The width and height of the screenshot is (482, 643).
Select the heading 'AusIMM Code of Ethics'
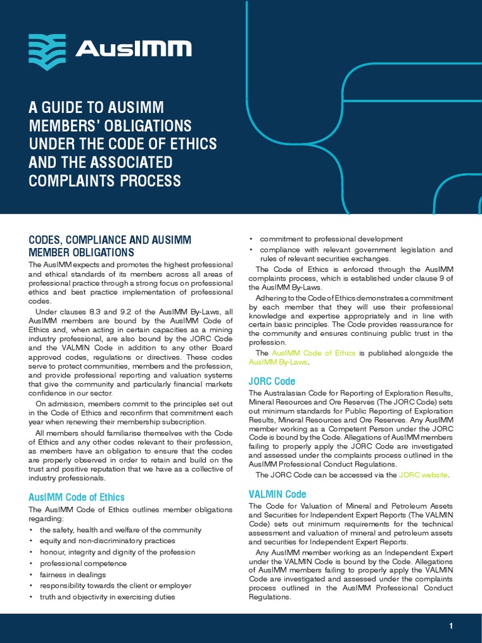(x=77, y=497)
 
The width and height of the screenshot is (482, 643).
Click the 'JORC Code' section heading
(x=272, y=381)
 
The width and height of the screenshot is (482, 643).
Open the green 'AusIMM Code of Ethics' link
(x=314, y=353)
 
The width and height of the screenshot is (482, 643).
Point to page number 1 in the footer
(x=451, y=626)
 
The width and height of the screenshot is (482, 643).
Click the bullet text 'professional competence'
(x=83, y=563)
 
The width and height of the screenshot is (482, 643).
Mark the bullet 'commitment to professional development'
(x=331, y=239)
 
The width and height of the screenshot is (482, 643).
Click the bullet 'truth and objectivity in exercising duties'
(x=107, y=597)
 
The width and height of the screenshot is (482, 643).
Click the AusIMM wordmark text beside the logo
(x=133, y=49)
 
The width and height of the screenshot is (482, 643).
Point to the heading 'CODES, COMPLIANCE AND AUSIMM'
(x=110, y=240)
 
